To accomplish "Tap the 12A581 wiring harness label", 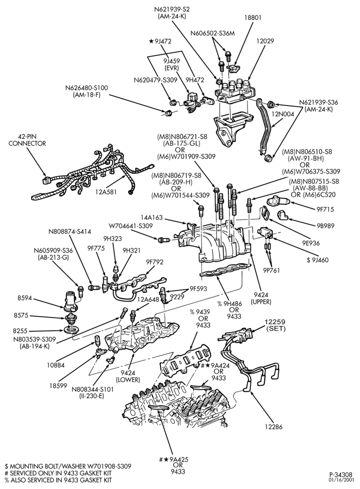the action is (x=106, y=192).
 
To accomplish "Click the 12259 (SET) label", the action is (x=275, y=325).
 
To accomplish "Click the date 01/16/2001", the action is (x=343, y=480).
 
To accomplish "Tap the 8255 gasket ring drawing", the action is (x=70, y=330).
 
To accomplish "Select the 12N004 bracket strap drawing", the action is (x=264, y=127).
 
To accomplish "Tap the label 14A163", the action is (x=151, y=218).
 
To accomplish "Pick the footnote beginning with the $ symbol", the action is (x=67, y=466).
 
